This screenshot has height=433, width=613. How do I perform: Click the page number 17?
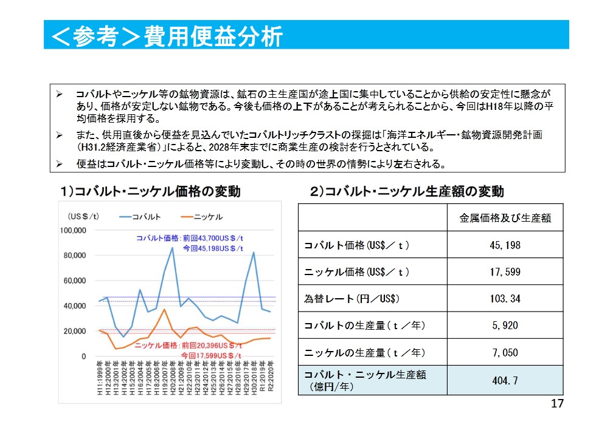point(557,404)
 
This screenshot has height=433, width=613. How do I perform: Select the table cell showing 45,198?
point(505,245)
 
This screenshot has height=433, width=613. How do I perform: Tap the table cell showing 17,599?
point(505,272)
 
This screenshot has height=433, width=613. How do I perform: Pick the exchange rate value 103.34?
point(505,299)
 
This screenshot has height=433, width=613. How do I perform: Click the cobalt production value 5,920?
point(505,326)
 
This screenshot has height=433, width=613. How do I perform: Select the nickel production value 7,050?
point(505,352)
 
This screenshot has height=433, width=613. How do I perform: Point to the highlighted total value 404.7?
point(505,381)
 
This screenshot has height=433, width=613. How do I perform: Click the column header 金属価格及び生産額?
point(505,218)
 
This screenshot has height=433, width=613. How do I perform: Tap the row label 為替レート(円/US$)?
point(352,299)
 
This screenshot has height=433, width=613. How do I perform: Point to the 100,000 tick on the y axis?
point(72,230)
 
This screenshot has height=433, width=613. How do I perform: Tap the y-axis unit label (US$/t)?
point(84,217)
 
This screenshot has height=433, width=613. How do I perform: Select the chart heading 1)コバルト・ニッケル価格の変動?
point(150,192)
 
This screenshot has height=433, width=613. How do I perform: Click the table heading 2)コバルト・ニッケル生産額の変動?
point(407,192)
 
